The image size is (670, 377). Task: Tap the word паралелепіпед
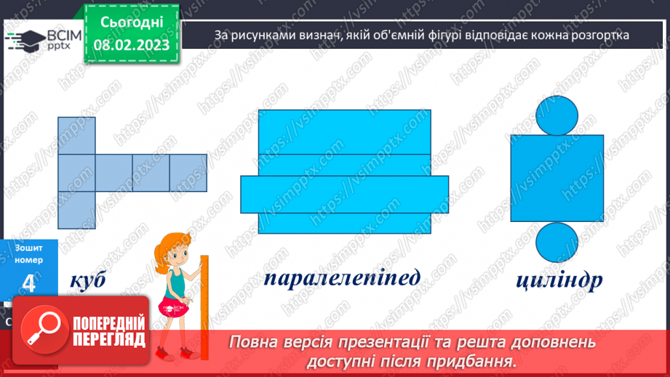click(342, 278)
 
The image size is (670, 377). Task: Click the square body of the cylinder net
click(557, 178)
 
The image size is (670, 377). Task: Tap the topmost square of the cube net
click(76, 135)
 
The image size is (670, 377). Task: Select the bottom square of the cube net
click(76, 210)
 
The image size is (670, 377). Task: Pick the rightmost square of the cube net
click(188, 172)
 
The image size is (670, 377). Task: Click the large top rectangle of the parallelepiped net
click(344, 132)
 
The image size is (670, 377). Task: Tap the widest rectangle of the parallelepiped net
click(344, 194)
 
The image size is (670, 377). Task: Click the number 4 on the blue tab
click(29, 285)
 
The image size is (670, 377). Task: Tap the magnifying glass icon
click(37, 328)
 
